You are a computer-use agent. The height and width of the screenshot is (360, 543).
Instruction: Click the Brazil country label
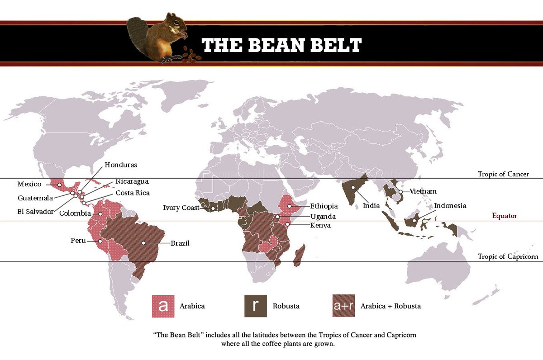180,243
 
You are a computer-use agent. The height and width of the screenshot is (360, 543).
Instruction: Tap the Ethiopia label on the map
324,206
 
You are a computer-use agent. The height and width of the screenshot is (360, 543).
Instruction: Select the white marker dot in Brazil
143,243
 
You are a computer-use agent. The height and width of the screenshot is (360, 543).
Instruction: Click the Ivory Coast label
181,208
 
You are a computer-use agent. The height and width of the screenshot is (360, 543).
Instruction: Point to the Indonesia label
450,206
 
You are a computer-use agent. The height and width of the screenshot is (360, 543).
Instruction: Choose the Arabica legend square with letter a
163,306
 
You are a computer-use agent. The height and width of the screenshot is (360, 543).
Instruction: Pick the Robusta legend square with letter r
256,306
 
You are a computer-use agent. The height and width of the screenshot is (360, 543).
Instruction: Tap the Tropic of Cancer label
503,174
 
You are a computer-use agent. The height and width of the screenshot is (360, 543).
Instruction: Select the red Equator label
504,216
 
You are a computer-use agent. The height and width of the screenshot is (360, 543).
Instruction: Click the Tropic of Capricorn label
508,257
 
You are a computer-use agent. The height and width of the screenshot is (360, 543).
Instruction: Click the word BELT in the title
331,45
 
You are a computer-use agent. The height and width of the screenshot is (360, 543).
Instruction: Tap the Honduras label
120,165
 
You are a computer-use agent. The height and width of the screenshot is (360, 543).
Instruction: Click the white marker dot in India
353,187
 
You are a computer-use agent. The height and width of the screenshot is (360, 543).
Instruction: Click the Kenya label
320,225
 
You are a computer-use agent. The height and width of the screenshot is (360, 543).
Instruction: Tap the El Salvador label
35,212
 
